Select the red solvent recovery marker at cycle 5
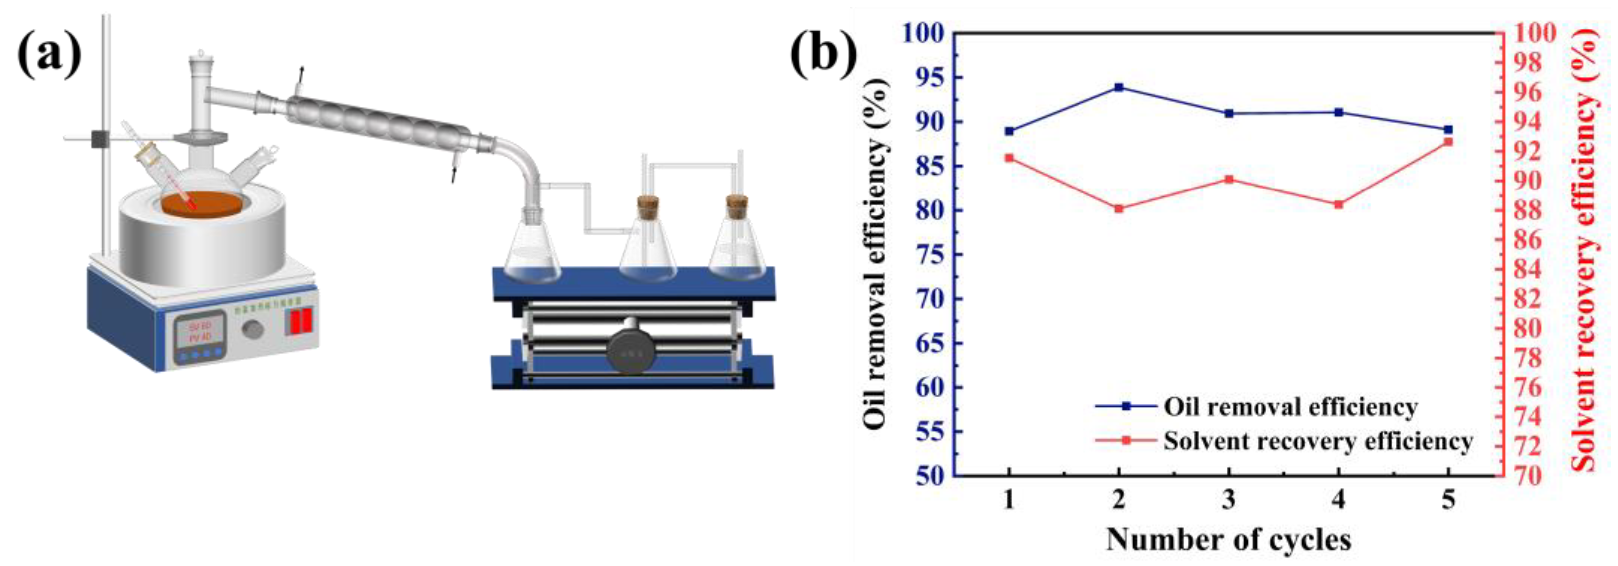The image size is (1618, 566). [1448, 142]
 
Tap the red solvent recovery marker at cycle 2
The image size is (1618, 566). [1119, 208]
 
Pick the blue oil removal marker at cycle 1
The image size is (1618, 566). [1009, 131]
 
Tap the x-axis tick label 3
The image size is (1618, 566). [1229, 500]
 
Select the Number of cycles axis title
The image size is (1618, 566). [1228, 540]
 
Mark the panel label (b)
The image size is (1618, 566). [823, 55]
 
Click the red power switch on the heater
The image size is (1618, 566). [300, 322]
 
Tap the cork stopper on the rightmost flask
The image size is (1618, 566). [737, 206]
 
